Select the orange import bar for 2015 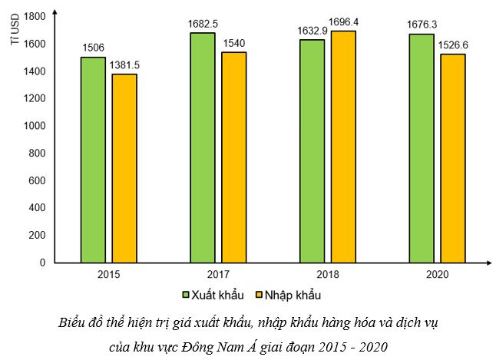(124, 168)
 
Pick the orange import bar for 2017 (234, 157)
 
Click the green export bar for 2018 (312, 151)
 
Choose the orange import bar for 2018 (343, 147)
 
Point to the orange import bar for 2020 (452, 158)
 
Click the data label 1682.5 (203, 24)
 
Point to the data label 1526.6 (453, 45)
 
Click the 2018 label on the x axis (327, 274)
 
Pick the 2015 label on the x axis (108, 274)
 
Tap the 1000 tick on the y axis (36, 126)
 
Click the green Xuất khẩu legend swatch (186, 295)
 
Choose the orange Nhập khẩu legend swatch (259, 295)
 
